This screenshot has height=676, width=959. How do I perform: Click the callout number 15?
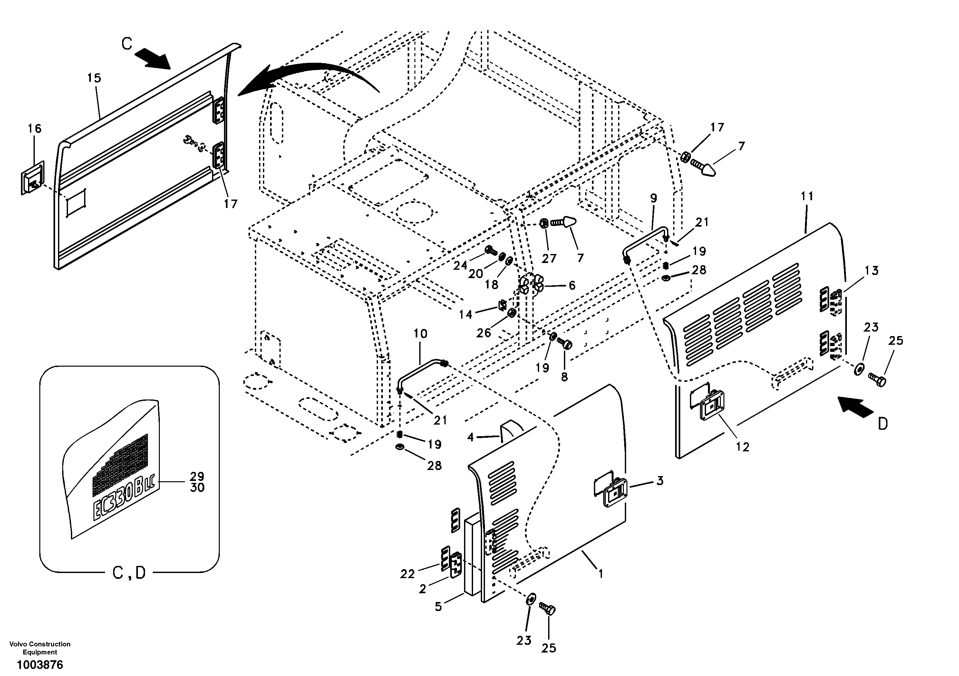[94, 78]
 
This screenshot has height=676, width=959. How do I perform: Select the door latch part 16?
[33, 178]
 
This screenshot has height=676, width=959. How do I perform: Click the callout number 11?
[807, 196]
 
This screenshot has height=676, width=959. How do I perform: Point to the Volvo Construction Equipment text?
[40, 648]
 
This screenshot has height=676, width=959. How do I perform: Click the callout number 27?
[549, 258]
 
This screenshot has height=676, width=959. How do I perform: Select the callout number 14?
[465, 314]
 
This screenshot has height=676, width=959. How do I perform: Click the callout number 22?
[407, 574]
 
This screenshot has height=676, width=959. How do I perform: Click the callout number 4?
[471, 437]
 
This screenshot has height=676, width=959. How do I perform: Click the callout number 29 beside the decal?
[197, 476]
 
